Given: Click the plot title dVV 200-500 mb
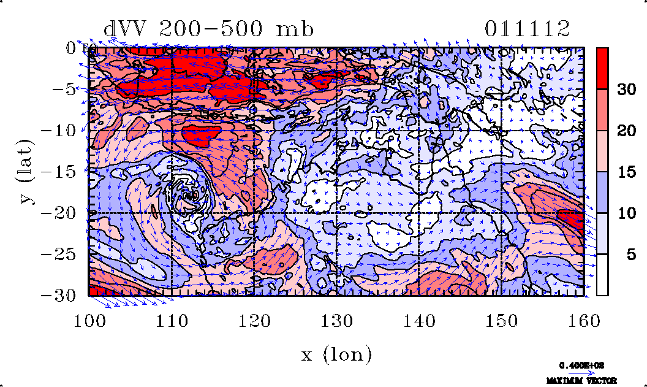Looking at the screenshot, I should click(209, 28).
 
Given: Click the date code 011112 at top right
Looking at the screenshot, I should click(528, 28).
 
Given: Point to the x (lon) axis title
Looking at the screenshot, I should click(336, 354).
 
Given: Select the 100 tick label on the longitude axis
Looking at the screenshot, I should click(89, 321).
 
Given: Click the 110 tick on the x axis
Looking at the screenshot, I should click(172, 321).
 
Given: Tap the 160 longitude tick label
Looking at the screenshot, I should click(583, 321).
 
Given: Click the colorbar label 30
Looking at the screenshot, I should click(626, 90).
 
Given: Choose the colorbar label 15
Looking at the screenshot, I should click(626, 172).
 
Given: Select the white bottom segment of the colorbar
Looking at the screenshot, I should click(602, 275).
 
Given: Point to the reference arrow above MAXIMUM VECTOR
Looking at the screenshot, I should click(583, 372).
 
